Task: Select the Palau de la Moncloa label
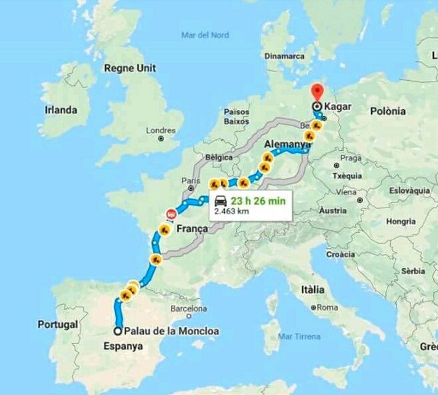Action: click(172, 331)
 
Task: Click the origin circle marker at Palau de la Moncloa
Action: click(118, 331)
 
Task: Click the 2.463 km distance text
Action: click(232, 211)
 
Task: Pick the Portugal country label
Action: click(58, 324)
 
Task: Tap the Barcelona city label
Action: click(189, 309)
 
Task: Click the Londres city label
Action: click(160, 130)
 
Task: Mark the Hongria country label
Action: click(401, 221)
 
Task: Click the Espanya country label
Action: click(123, 346)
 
